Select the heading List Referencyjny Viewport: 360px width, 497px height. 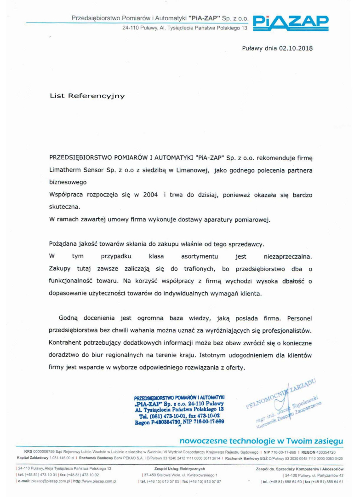click(86, 96)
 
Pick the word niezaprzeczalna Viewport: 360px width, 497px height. click(288, 255)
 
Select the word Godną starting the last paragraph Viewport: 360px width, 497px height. click(69, 318)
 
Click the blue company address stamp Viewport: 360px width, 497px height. click(179, 409)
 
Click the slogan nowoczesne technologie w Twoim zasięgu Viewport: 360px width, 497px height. click(261, 440)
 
